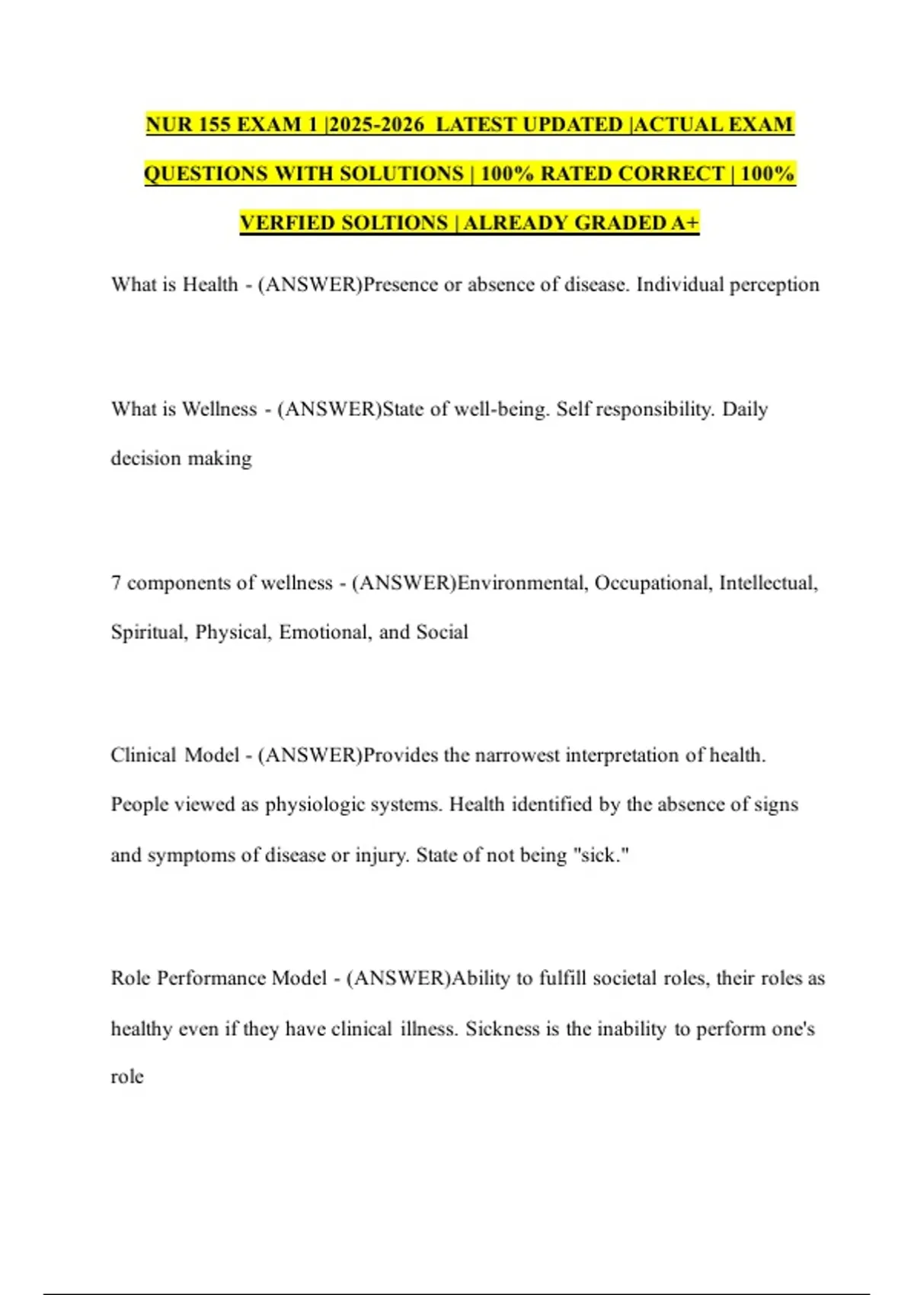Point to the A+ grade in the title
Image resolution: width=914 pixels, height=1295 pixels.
685,222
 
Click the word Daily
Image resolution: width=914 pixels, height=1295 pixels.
744,409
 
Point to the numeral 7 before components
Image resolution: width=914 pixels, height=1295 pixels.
116,583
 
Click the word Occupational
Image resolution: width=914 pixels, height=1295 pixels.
653,583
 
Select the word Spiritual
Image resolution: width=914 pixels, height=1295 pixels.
149,632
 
